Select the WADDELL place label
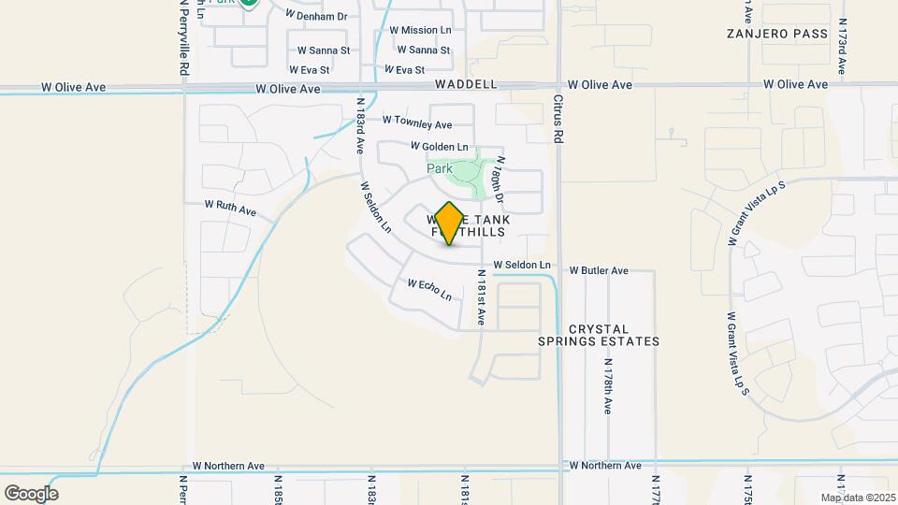point(466,84)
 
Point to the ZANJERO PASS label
point(777,34)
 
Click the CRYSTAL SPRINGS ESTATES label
point(599,335)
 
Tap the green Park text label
point(440,169)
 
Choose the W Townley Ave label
point(417,124)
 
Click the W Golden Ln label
point(440,147)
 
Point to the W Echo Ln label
point(429,289)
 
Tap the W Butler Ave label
point(600,270)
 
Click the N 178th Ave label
point(607,386)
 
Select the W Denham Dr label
point(316,16)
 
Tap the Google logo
point(31,494)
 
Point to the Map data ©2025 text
point(858,498)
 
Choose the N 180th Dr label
point(500,180)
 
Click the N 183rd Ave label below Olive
point(360,126)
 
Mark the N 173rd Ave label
point(842,46)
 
